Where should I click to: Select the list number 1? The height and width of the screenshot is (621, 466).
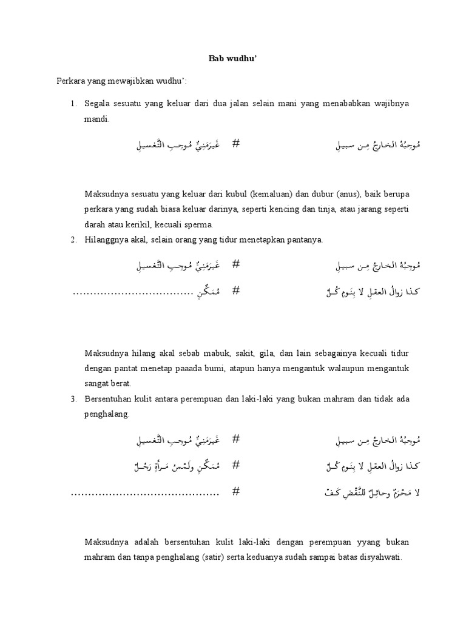[72, 104]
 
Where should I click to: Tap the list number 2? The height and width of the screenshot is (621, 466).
[72, 240]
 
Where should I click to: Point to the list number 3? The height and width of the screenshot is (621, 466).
[72, 399]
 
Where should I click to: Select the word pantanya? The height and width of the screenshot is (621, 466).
[305, 240]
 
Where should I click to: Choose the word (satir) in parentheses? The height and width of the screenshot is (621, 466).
[225, 557]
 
